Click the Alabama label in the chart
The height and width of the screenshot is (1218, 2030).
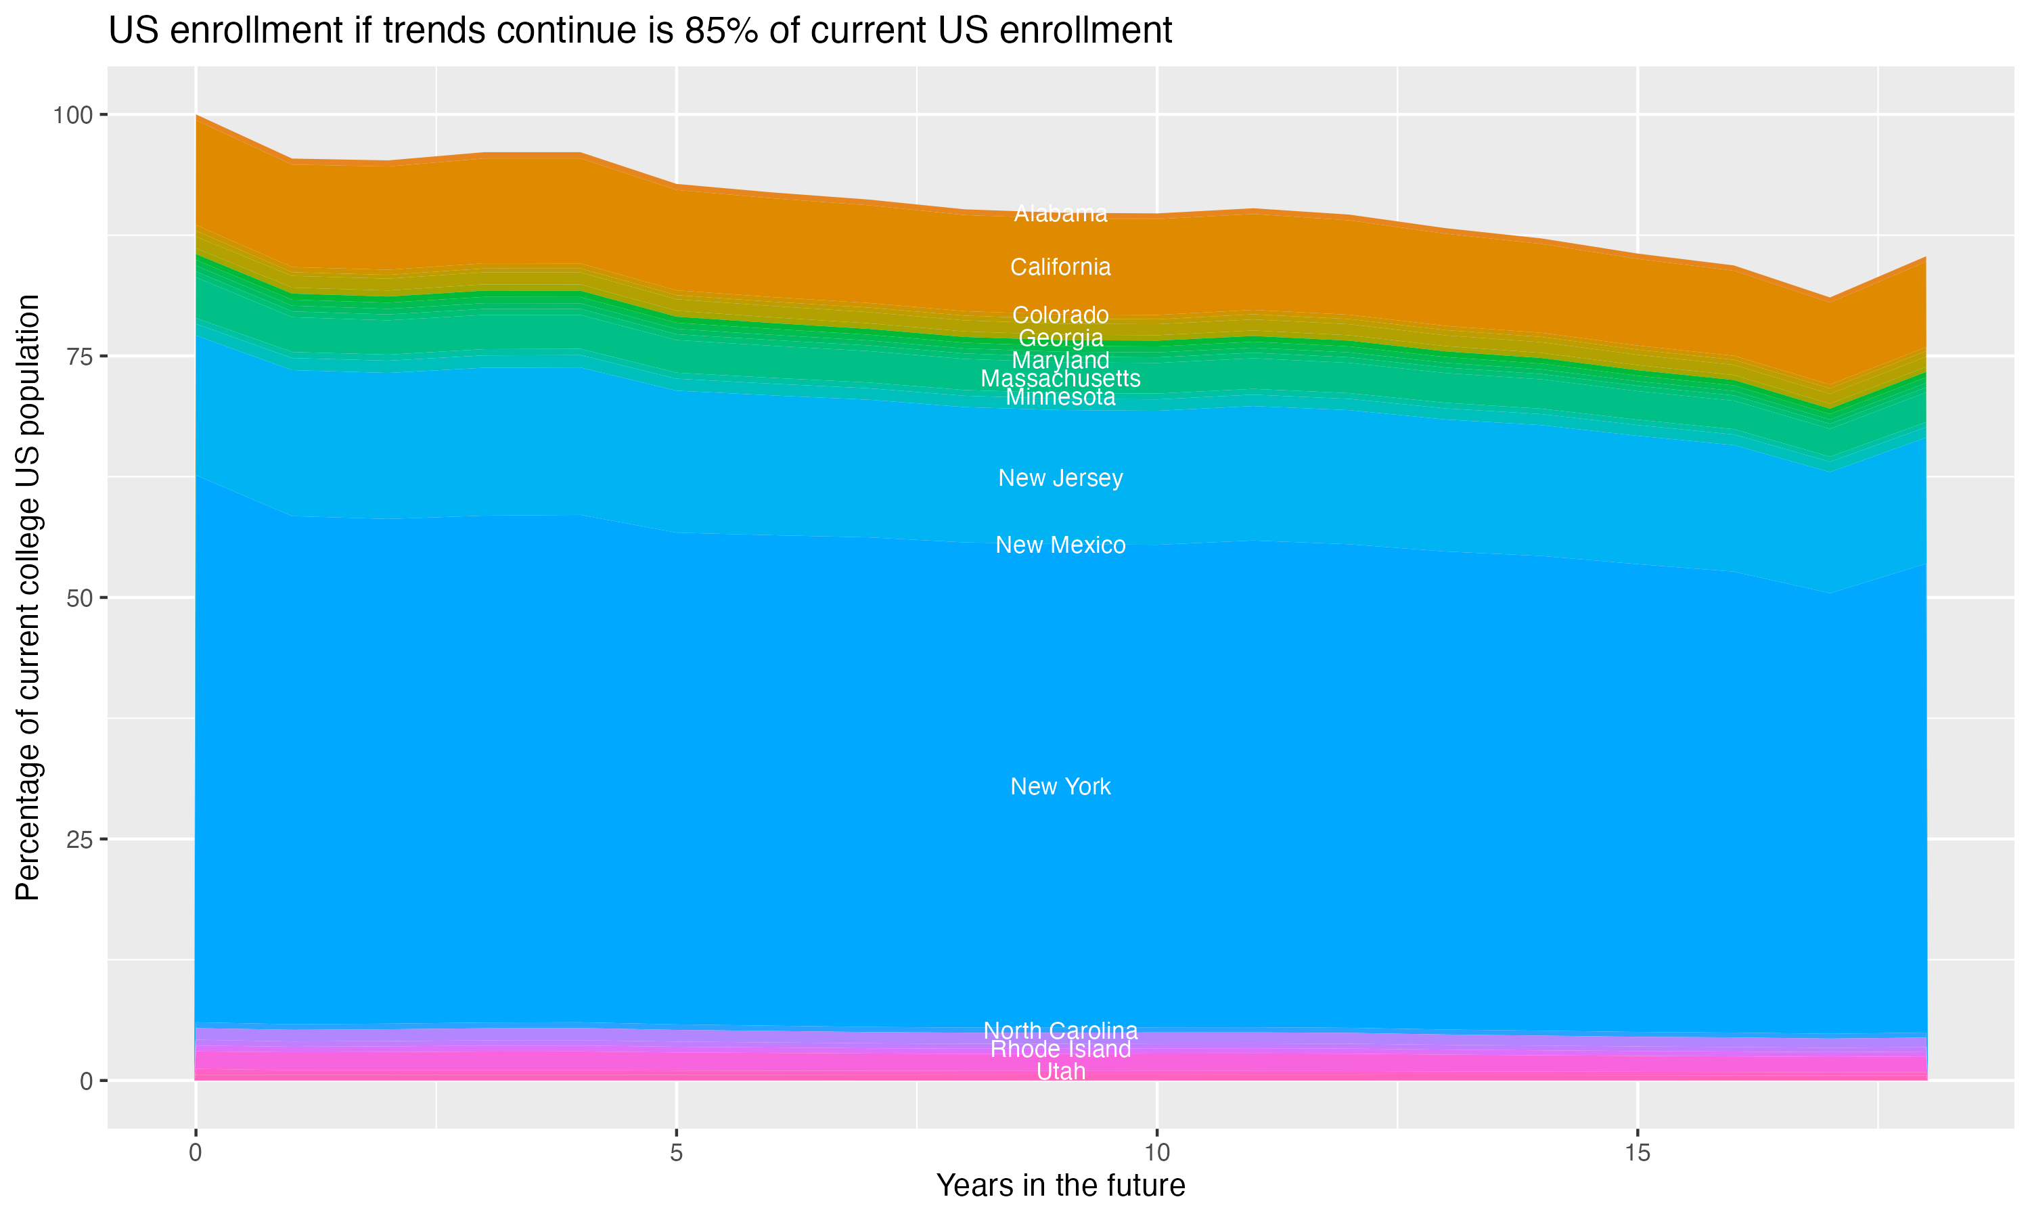point(1060,213)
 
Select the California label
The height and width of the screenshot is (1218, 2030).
point(1060,267)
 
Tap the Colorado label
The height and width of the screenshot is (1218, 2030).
point(1060,315)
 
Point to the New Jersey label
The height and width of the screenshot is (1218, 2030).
point(1060,478)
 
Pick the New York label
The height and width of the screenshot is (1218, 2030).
point(1060,786)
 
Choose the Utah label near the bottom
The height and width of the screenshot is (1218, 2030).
point(1060,1072)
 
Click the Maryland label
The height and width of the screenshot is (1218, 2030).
point(1060,360)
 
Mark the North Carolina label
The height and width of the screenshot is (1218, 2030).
point(1060,1030)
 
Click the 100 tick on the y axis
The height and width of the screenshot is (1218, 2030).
point(72,115)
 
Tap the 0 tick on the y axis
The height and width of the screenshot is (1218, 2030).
point(85,1081)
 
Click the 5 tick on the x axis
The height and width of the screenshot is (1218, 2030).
point(676,1153)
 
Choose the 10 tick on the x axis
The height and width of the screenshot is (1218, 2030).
point(1156,1153)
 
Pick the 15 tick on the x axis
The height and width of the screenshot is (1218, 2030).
point(1637,1153)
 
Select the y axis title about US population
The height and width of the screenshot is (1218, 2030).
point(28,597)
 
